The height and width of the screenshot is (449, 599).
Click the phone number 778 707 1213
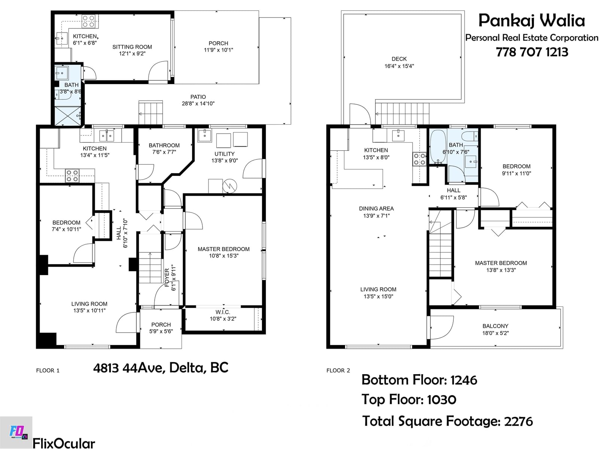532,52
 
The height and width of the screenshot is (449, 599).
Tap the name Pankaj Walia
532,21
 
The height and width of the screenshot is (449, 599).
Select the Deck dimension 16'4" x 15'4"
399,66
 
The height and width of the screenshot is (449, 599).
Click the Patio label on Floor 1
198,97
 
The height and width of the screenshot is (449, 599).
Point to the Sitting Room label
132,47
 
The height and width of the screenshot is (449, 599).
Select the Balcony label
495,326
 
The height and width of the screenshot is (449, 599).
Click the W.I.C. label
223,312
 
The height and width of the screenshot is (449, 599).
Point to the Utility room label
224,154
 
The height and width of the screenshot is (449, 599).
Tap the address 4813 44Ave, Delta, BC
161,367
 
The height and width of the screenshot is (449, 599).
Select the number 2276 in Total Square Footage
518,421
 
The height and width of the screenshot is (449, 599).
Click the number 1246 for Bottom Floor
463,380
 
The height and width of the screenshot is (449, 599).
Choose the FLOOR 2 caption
338,370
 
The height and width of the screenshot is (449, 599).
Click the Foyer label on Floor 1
167,278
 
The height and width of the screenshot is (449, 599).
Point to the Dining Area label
376,208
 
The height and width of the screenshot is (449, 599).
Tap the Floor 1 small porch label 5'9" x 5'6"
161,331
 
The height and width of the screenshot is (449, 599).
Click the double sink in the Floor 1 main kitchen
107,135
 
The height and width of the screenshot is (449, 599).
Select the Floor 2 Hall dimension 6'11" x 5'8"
453,198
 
